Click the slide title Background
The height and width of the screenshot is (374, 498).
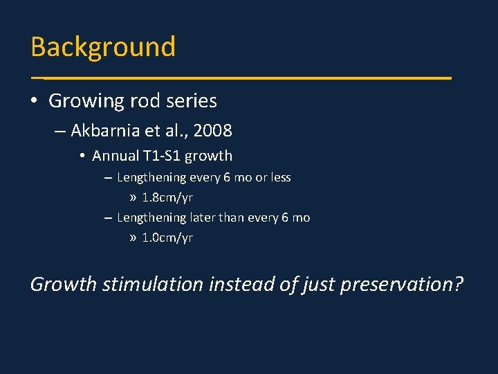point(103,47)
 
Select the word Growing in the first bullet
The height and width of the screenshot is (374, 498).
point(86,101)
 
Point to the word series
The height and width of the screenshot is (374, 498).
point(190,101)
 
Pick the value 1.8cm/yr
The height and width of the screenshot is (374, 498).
point(167,197)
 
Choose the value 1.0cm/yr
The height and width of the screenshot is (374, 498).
point(167,238)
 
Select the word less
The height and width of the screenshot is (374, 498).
point(280,177)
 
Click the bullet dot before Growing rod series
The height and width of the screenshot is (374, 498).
point(35,102)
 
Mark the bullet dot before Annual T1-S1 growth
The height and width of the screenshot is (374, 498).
point(82,157)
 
